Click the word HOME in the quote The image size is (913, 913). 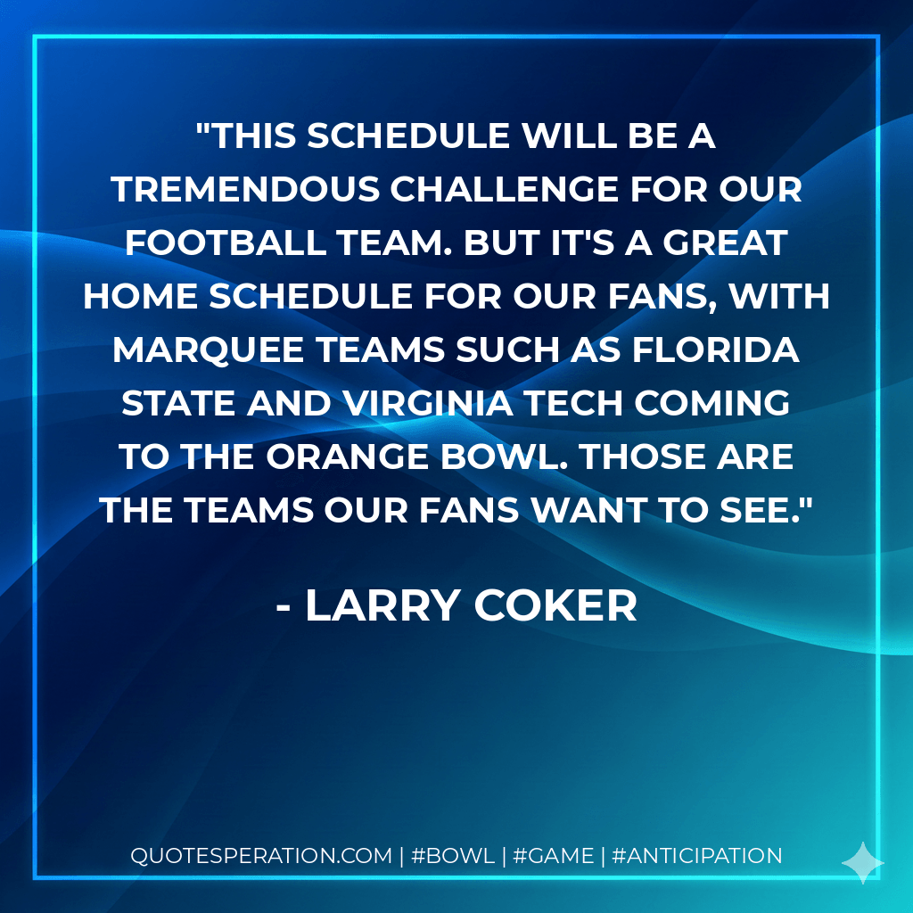click(x=140, y=296)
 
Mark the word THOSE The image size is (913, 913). click(x=642, y=456)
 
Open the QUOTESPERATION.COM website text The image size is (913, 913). click(x=261, y=856)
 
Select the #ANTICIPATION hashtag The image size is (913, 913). click(x=698, y=856)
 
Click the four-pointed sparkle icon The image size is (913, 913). click(x=862, y=862)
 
